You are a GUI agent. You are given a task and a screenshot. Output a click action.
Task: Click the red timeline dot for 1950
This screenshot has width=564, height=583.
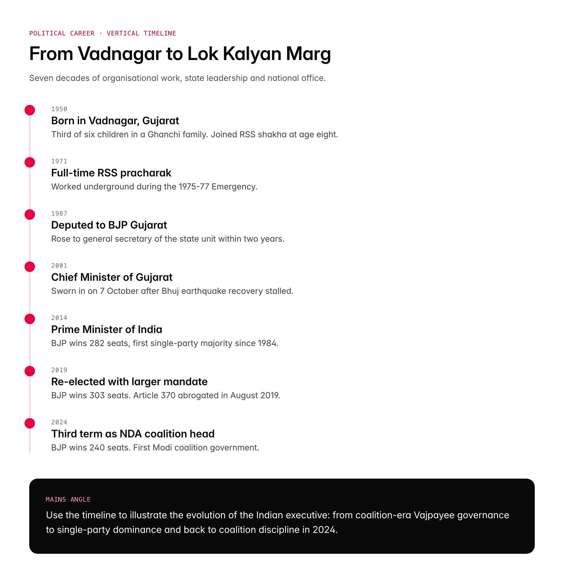(30, 110)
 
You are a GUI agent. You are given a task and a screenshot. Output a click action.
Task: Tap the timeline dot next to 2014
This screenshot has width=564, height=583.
(30, 319)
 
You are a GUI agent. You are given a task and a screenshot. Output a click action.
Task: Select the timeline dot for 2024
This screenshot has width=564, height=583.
(30, 423)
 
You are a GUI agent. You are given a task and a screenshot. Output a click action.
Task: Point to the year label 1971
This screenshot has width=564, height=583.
(59, 161)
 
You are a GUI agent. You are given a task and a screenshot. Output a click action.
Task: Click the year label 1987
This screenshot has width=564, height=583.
(59, 213)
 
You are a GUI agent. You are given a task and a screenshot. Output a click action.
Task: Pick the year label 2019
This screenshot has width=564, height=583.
(59, 370)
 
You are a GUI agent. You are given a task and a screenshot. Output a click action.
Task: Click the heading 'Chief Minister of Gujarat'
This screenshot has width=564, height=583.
(111, 277)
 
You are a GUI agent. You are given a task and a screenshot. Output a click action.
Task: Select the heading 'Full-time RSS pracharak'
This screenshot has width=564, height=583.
(111, 173)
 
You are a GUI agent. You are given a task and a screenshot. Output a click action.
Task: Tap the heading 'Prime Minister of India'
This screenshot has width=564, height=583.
(107, 330)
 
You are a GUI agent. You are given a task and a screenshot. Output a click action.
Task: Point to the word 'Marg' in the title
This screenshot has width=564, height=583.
(308, 54)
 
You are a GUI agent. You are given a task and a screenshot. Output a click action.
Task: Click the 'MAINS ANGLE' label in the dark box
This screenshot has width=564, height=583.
(68, 499)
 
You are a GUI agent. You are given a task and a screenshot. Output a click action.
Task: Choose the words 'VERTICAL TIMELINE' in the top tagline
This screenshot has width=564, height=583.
(141, 33)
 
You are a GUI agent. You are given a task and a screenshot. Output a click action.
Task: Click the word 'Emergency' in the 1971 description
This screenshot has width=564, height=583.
(234, 187)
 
